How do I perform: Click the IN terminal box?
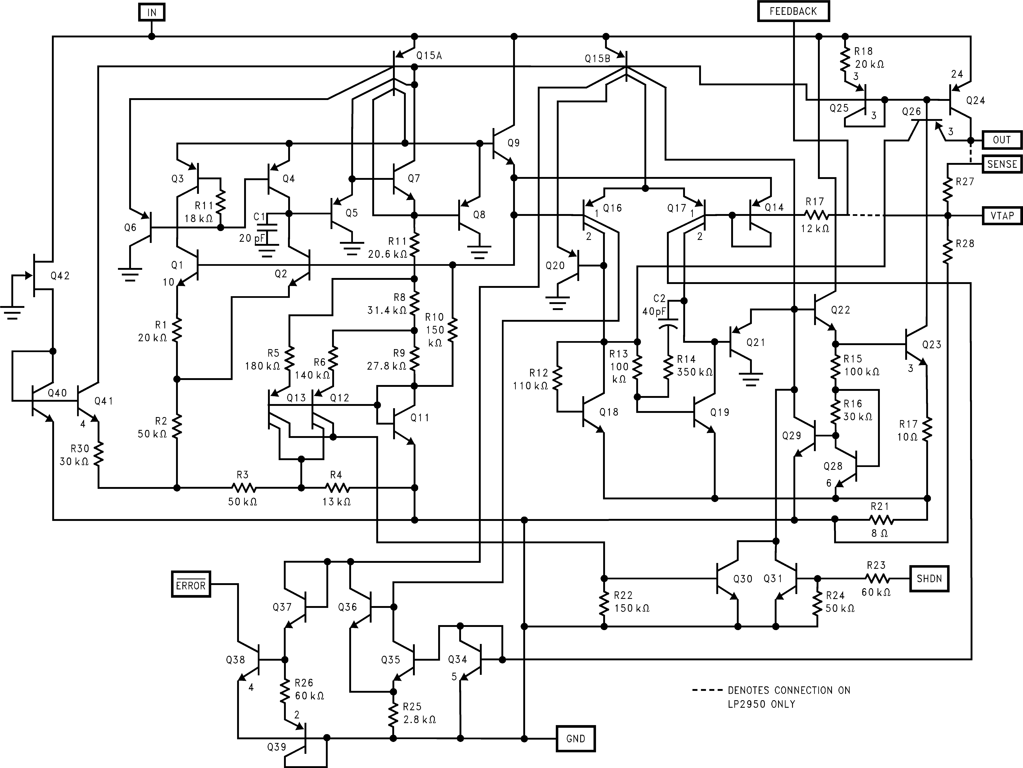(x=152, y=13)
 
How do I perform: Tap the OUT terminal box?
(x=1001, y=140)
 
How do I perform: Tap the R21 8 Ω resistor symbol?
(x=881, y=520)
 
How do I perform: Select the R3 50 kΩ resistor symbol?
(x=243, y=488)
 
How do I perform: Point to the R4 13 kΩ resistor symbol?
(x=337, y=488)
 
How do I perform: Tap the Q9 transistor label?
(x=513, y=143)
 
